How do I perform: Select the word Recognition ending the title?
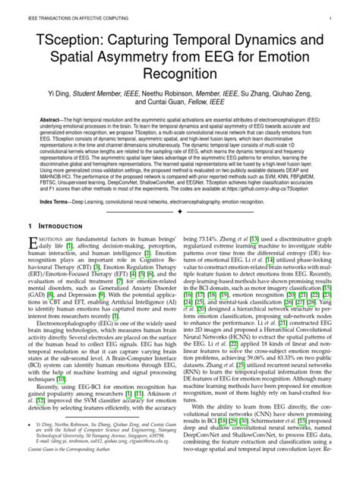point(180,77)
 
